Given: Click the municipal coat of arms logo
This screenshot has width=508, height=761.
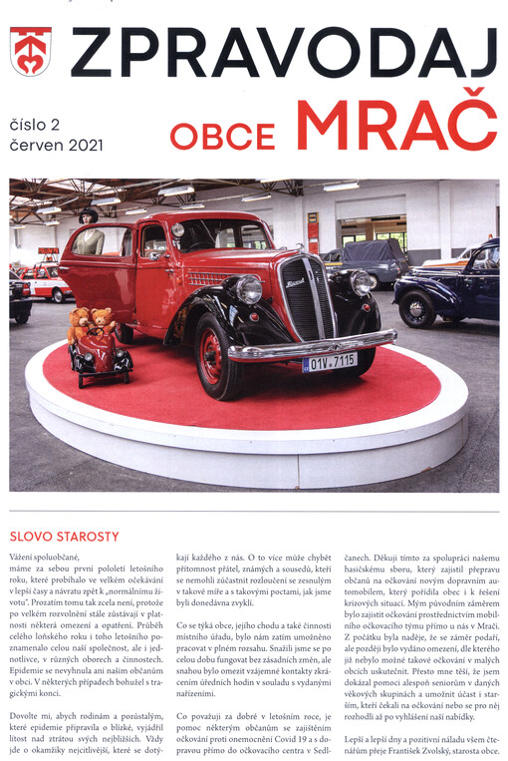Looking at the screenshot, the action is coord(31,53).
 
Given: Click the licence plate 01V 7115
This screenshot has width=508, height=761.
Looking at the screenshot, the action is coord(329,361).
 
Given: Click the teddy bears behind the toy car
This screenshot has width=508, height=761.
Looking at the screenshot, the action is coord(91,323).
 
